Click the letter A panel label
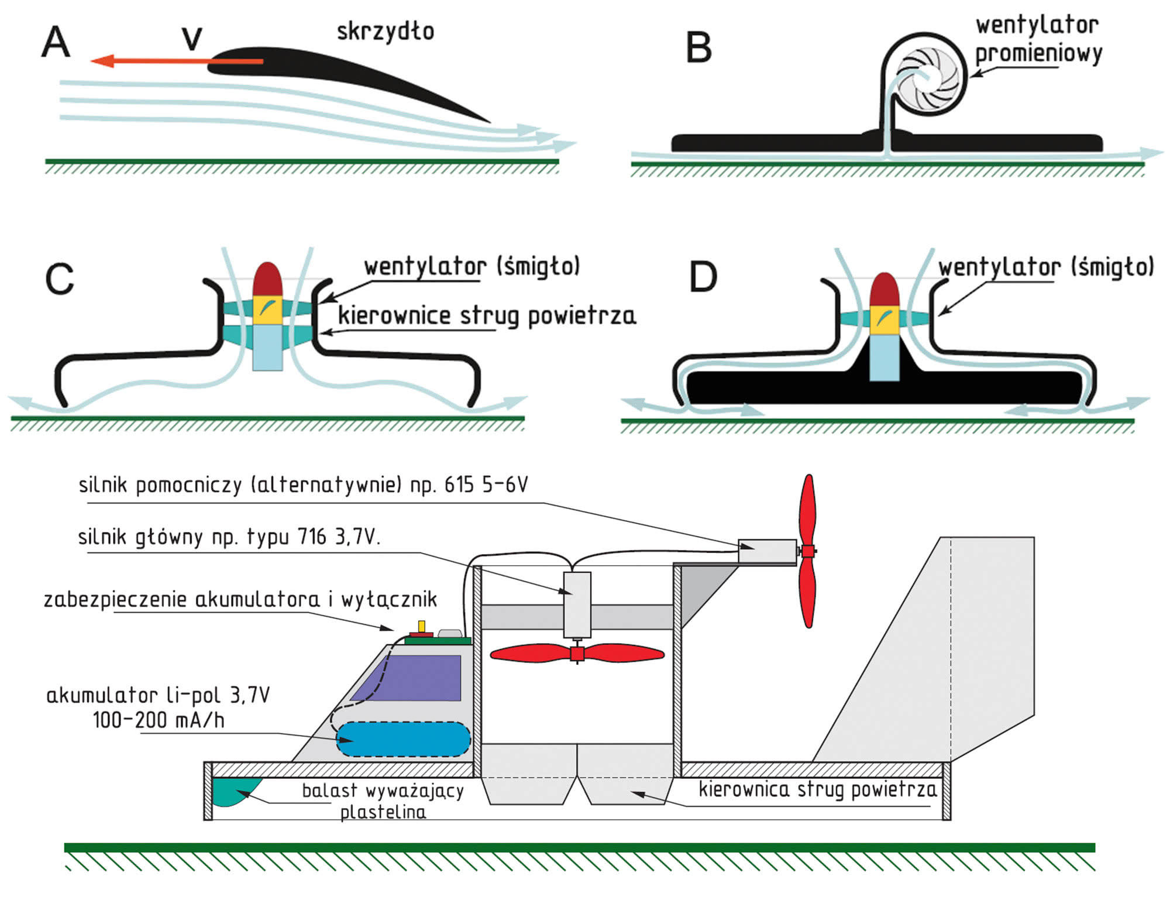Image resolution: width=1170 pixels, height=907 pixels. tap(56, 42)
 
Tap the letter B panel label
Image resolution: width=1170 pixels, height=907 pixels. tap(698, 48)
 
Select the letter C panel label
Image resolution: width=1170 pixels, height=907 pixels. tap(60, 279)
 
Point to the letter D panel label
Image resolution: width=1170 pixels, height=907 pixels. tap(703, 277)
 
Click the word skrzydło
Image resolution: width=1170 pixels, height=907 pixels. tap(386, 32)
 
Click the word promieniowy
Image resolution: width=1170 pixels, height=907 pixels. tap(1038, 54)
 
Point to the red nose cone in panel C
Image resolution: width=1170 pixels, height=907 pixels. tap(267, 280)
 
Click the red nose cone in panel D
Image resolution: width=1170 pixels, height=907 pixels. tap(885, 290)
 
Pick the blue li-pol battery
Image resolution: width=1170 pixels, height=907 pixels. tap(403, 739)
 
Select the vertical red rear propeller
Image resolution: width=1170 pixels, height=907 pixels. tap(808, 551)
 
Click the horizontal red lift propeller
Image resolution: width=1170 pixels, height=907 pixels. tap(577, 653)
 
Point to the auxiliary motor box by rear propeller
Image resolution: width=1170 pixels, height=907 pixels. tap(767, 551)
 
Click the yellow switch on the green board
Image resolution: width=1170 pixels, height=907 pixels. tap(421, 626)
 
